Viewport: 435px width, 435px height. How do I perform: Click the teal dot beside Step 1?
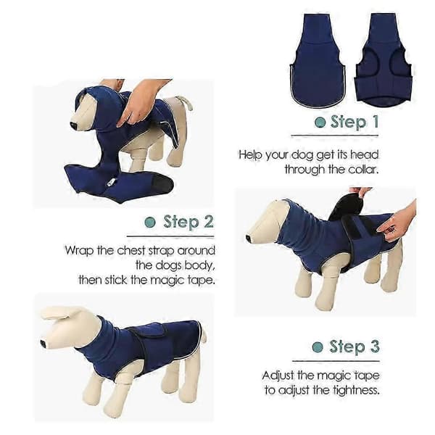[x=320, y=122]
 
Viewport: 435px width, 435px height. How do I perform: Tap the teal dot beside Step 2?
[x=150, y=223]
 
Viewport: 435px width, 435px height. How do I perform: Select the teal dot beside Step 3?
[x=318, y=347]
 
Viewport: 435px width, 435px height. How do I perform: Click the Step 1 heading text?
[x=355, y=122]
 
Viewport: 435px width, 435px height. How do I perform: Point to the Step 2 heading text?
[x=188, y=222]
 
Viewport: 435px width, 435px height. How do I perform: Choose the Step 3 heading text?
[x=355, y=347]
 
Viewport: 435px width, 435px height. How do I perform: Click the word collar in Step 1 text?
[x=363, y=169]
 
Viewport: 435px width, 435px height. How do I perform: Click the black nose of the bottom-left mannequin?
[x=43, y=344]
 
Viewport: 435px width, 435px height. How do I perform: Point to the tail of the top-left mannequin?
[x=186, y=102]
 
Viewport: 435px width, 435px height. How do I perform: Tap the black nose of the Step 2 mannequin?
[x=248, y=239]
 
